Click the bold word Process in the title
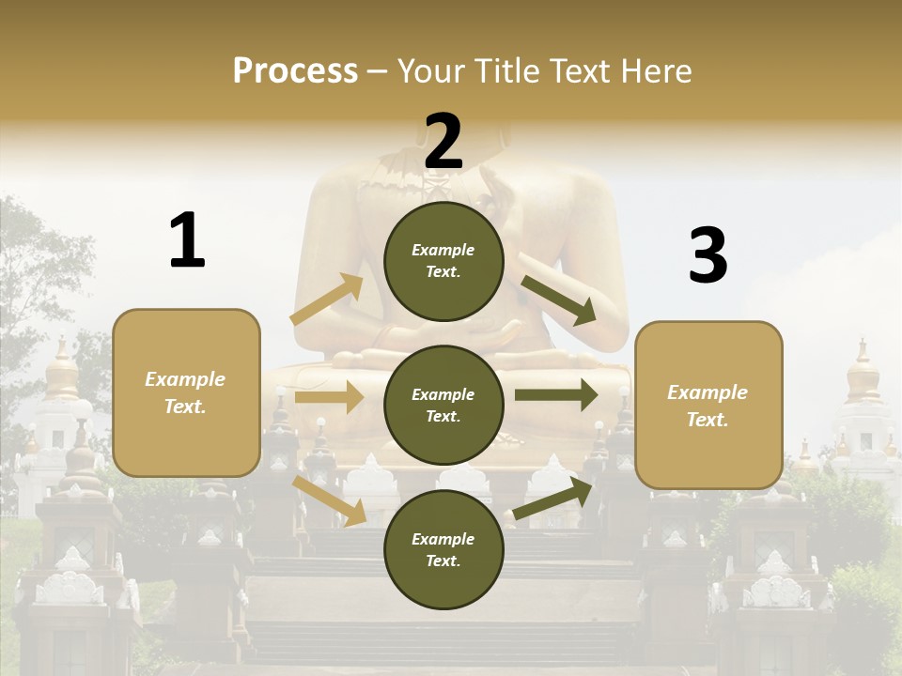(295, 71)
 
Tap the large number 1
(187, 240)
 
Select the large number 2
(443, 142)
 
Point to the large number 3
(708, 256)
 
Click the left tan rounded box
(186, 392)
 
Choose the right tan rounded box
(708, 406)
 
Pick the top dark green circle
(443, 261)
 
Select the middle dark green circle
(443, 406)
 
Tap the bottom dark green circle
(443, 550)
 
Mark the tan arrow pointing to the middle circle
(329, 397)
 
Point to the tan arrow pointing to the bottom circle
(329, 499)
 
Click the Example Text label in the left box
(185, 392)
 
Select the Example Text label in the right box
(708, 406)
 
